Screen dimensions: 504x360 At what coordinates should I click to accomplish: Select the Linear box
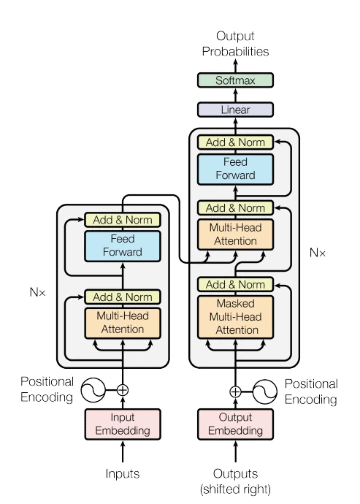click(235, 110)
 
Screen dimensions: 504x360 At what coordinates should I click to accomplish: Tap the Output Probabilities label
click(235, 45)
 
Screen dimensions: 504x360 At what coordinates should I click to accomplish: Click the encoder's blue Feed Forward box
click(123, 245)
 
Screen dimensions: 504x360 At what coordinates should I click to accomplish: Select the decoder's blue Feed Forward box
click(235, 169)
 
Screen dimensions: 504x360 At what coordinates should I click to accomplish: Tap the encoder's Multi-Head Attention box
click(123, 323)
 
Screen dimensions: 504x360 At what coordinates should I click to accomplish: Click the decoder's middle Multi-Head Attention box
click(235, 234)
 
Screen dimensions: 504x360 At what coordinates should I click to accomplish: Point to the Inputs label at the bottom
click(123, 474)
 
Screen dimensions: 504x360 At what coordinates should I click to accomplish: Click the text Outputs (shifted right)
click(235, 480)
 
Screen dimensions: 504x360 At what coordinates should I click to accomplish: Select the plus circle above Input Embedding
click(123, 390)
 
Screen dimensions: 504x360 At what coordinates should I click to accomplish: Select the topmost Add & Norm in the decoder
click(235, 142)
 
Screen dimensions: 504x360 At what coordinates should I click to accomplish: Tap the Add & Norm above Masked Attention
click(235, 284)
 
